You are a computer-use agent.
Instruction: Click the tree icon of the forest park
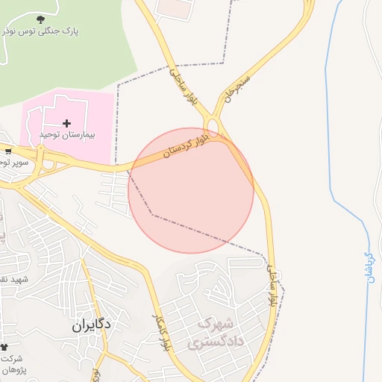(x=40, y=19)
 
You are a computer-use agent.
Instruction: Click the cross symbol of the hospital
(x=67, y=122)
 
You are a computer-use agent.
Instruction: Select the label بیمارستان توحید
(x=67, y=134)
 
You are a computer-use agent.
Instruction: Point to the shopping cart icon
(x=7, y=151)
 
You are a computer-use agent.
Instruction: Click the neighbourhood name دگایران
(x=92, y=325)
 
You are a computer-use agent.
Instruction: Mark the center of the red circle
(x=191, y=191)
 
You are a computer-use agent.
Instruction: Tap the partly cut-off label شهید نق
(x=13, y=279)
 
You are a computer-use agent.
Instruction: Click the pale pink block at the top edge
(x=173, y=7)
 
